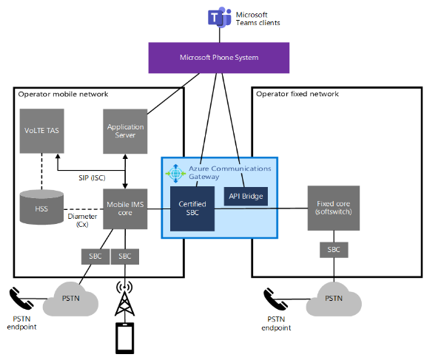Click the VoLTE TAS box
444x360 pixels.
(41, 130)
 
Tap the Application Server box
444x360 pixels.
(125, 130)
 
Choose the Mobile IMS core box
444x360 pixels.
(125, 210)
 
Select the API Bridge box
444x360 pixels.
(245, 196)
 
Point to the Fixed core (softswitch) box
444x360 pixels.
(334, 207)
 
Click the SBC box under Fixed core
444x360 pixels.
(333, 249)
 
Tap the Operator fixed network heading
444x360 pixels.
(297, 94)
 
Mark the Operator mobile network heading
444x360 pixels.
(63, 94)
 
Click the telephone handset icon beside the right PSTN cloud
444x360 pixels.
(275, 299)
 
